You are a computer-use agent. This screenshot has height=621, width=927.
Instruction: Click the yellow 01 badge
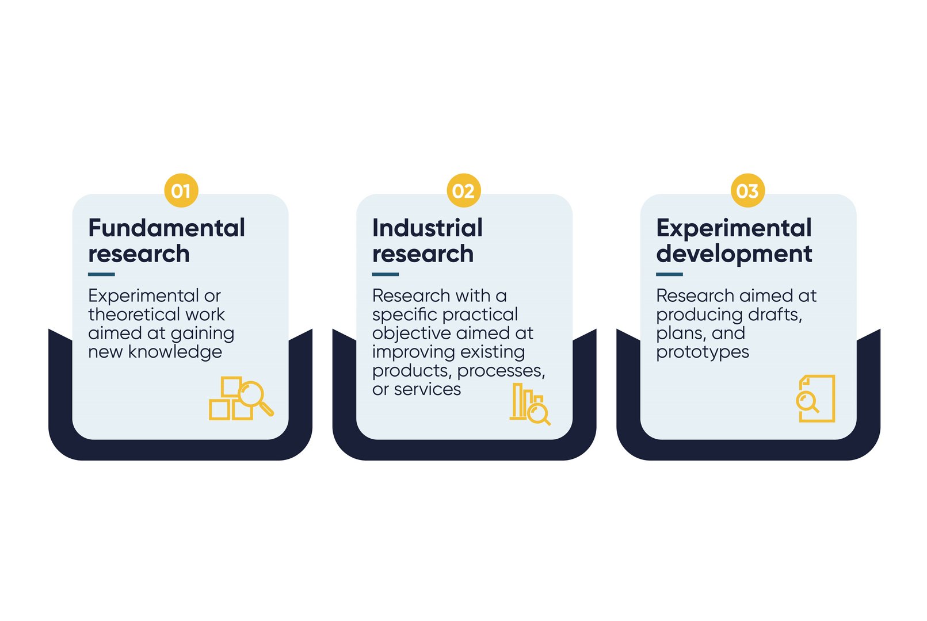coord(181,190)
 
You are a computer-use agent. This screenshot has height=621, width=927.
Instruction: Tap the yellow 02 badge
coord(463,190)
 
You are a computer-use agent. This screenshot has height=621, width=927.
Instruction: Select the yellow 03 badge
coord(747,190)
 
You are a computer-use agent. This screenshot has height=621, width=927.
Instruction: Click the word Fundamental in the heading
coord(166,228)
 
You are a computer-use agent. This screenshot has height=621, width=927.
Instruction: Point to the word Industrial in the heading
coord(427,228)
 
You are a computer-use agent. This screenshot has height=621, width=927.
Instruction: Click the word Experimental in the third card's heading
coord(734,228)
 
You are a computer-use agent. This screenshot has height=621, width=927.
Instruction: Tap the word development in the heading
coord(734,254)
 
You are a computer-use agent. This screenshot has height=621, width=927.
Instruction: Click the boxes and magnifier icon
coord(240,398)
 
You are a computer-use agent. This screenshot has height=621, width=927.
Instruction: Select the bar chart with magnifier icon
coord(529,404)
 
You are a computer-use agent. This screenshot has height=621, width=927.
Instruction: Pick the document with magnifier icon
coord(815,398)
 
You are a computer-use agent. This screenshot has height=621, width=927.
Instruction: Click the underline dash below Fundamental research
coord(101,274)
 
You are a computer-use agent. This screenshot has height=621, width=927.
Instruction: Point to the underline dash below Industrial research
coord(385,274)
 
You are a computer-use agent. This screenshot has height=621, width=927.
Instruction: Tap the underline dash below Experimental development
coord(669,274)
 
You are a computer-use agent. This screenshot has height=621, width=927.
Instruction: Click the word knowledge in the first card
coord(175,351)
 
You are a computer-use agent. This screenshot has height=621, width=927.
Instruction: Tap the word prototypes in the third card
coord(702,352)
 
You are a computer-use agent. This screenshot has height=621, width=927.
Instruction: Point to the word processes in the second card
coord(500,371)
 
